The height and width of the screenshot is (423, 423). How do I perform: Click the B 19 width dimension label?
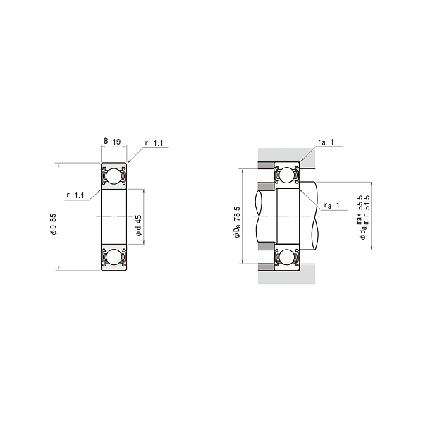point(113,142)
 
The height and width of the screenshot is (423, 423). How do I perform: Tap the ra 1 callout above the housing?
point(325,142)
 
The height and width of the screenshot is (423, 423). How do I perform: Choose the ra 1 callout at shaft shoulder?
point(331,205)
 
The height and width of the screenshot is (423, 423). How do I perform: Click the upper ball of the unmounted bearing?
point(113,176)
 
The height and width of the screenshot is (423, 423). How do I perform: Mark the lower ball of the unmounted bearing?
point(113,258)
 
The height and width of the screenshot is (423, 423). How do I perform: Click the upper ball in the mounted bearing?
point(287,176)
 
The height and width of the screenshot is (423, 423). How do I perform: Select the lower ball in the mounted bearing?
point(287,258)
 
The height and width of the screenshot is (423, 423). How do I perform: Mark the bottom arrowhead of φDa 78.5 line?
point(243,263)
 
